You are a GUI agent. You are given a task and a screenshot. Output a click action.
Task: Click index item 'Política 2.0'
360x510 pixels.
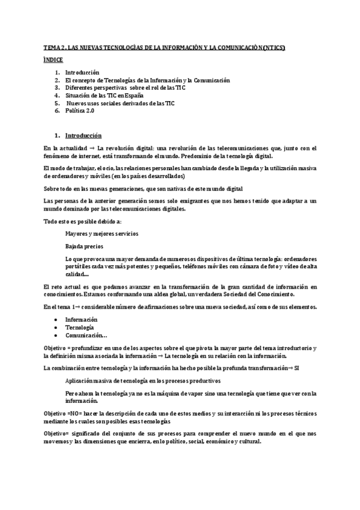point(82,111)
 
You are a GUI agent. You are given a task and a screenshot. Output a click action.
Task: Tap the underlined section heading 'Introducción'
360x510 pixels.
point(84,135)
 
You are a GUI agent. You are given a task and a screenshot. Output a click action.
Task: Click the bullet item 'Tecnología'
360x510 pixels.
point(79,327)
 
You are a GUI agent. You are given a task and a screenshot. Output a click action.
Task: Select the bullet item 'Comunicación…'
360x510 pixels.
point(87,335)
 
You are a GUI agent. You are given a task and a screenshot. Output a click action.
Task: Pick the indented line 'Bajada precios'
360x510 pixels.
point(84,247)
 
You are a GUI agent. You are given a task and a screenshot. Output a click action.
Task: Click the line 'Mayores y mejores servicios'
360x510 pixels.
point(100,233)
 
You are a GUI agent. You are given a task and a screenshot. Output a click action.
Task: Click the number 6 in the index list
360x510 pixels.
point(56,111)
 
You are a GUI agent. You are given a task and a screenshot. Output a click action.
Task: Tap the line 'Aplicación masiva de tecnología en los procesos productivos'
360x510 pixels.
point(142,381)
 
